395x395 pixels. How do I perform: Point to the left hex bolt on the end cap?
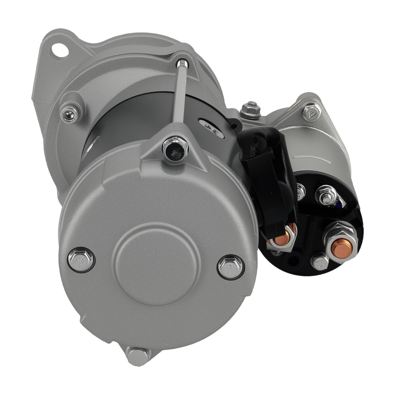[81, 260]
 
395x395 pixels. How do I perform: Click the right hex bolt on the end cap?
[231, 267]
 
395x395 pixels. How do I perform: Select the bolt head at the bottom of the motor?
[138, 356]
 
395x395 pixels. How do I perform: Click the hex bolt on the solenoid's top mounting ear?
[311, 112]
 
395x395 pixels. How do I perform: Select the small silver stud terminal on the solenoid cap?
[327, 195]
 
